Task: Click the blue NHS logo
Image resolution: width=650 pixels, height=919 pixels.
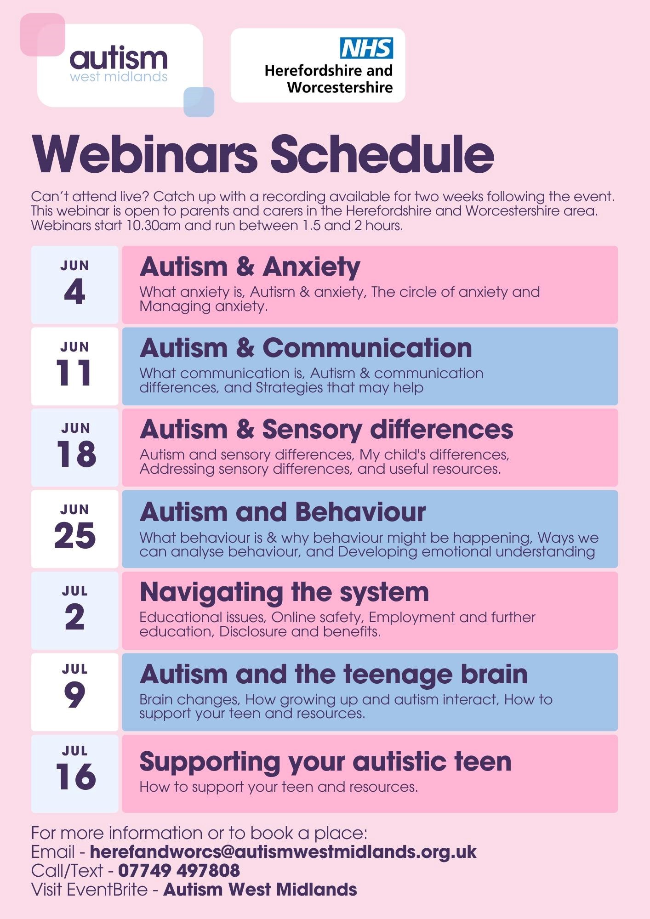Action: (366, 48)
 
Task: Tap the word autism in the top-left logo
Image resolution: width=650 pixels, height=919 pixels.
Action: (119, 58)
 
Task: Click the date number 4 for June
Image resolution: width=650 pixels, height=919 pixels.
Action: (74, 291)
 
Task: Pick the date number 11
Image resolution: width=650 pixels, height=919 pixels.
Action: (74, 372)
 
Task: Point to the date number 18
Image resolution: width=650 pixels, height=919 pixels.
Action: (76, 454)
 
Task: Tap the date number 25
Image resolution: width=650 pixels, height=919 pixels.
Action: (75, 535)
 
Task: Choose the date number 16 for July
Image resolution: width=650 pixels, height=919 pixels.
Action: (76, 777)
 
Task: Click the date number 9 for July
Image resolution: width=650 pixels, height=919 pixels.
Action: (74, 695)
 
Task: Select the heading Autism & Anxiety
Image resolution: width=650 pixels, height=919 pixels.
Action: (250, 267)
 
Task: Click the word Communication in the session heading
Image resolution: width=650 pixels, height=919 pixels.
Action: (367, 348)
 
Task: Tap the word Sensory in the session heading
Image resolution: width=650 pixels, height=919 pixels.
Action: (312, 430)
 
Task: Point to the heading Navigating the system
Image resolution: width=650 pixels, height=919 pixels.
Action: (285, 593)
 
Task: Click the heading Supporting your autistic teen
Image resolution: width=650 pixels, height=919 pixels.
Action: (325, 762)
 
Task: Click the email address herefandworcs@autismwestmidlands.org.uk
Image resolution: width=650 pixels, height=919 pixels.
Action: (283, 852)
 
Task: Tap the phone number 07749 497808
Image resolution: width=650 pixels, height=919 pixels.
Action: (179, 870)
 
